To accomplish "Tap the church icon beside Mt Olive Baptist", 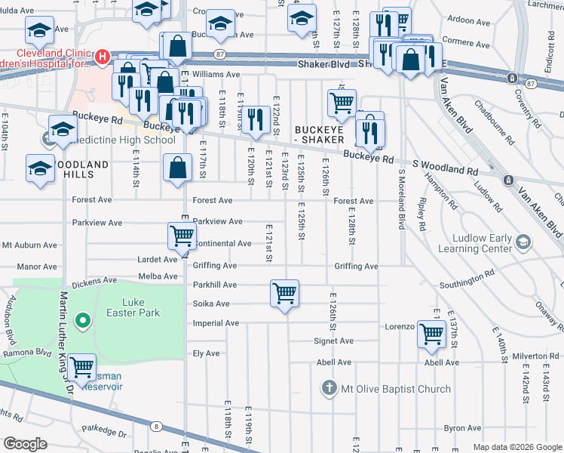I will (328, 389).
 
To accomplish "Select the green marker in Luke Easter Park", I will (82, 322).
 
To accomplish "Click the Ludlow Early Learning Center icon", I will (523, 242).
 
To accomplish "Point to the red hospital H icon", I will (101, 57).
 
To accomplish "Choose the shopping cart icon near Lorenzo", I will (431, 334).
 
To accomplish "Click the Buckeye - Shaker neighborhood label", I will (319, 134).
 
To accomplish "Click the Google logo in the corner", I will (25, 443).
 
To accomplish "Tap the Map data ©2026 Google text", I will (517, 447).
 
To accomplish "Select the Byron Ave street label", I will (462, 428).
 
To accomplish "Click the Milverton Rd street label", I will (534, 356).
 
